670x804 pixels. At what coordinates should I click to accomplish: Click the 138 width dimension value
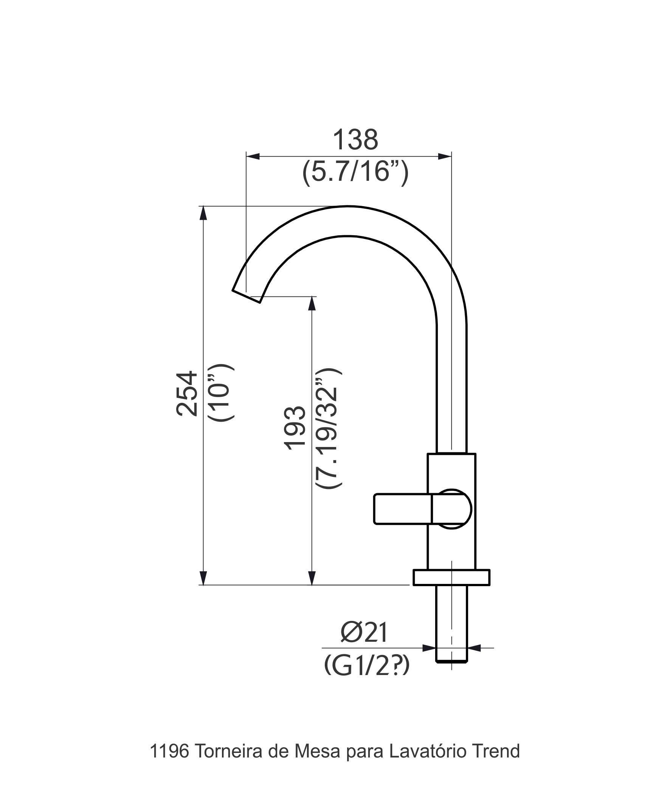pos(355,140)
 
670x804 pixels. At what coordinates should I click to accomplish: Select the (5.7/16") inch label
pos(355,172)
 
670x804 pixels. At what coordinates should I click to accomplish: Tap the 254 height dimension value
pos(187,393)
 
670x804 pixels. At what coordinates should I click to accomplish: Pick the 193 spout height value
pos(295,428)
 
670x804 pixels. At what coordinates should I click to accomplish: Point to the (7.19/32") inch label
pos(328,428)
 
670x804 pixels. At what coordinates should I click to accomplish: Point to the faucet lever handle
pos(402,508)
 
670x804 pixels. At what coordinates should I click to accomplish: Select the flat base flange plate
pos(451,577)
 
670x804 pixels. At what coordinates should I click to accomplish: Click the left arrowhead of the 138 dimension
pos(253,156)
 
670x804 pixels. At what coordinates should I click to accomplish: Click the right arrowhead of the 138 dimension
pos(445,156)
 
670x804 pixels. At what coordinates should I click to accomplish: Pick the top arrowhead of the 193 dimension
pos(312,304)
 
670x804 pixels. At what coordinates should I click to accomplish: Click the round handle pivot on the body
pos(454,508)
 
